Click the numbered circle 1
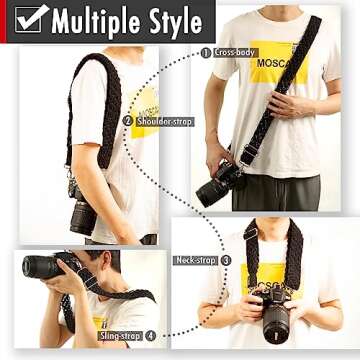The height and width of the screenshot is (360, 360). pyautogui.click(x=206, y=52)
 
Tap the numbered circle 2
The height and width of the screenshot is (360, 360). pyautogui.click(x=128, y=121)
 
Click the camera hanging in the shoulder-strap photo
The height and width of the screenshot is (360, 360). pyautogui.click(x=82, y=211)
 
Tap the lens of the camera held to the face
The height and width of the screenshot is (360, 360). pyautogui.click(x=39, y=266)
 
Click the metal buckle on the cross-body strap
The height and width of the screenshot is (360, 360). pyautogui.click(x=246, y=154)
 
